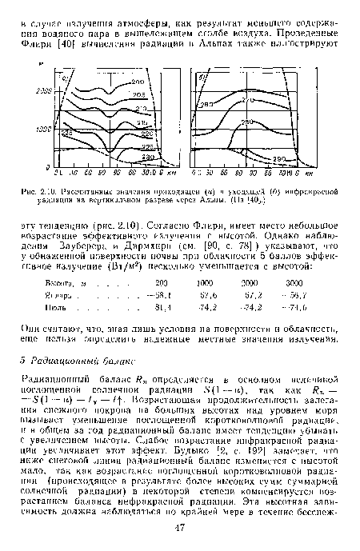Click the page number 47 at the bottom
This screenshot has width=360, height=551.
(x=182, y=529)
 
